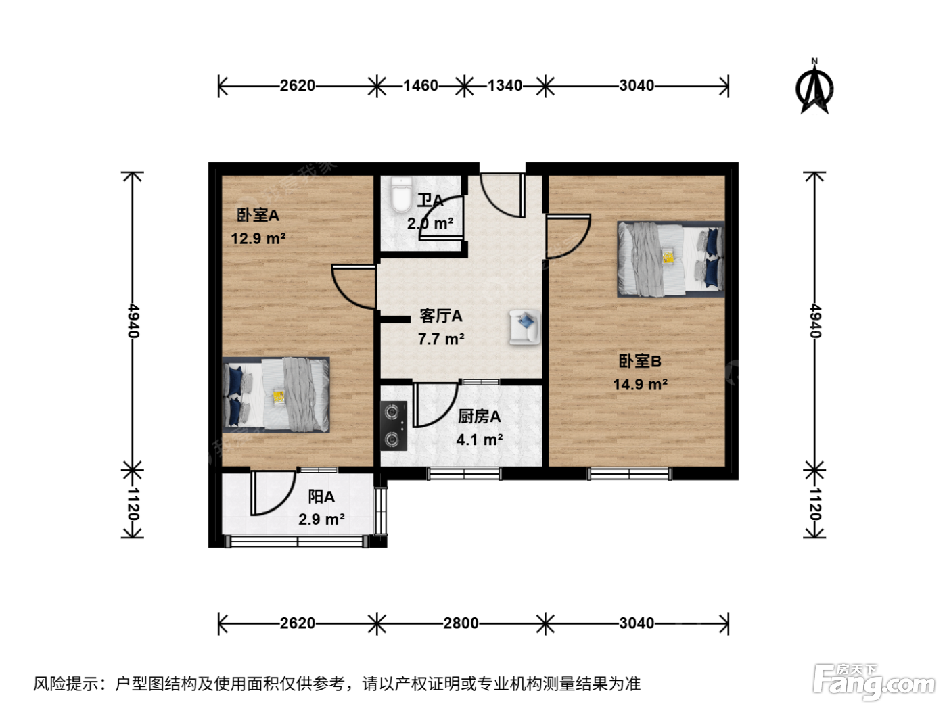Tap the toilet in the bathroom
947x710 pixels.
(401, 195)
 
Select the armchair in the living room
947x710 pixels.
(525, 328)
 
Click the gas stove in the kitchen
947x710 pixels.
(394, 426)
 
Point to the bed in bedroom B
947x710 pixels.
(671, 259)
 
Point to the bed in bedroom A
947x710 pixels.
(276, 395)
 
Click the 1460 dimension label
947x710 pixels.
(421, 86)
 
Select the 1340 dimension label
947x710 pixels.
(505, 86)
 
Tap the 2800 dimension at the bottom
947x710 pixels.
(461, 623)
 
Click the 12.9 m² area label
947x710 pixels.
(258, 239)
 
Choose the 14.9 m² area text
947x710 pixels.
(641, 384)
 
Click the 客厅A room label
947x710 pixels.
(441, 316)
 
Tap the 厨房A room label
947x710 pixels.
(480, 417)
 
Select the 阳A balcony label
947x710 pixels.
(321, 496)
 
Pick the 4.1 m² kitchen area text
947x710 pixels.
(480, 440)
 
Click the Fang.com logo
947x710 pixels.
(874, 682)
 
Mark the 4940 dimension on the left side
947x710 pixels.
(134, 321)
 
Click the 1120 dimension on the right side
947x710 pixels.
(815, 504)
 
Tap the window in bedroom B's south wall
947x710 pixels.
(630, 474)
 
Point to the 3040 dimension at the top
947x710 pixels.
(637, 86)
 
